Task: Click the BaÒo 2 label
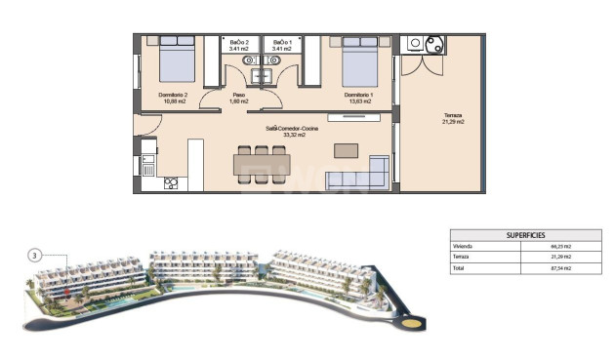pyautogui.click(x=239, y=43)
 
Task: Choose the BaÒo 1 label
pyautogui.click(x=282, y=43)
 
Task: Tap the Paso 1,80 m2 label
pyautogui.click(x=239, y=95)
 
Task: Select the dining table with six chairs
pyautogui.click(x=262, y=162)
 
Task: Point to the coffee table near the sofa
pyautogui.click(x=346, y=150)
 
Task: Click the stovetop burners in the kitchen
pyautogui.click(x=172, y=181)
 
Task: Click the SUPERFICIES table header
pyautogui.click(x=525, y=235)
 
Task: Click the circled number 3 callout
pyautogui.click(x=35, y=256)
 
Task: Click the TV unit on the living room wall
pyautogui.click(x=348, y=118)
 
